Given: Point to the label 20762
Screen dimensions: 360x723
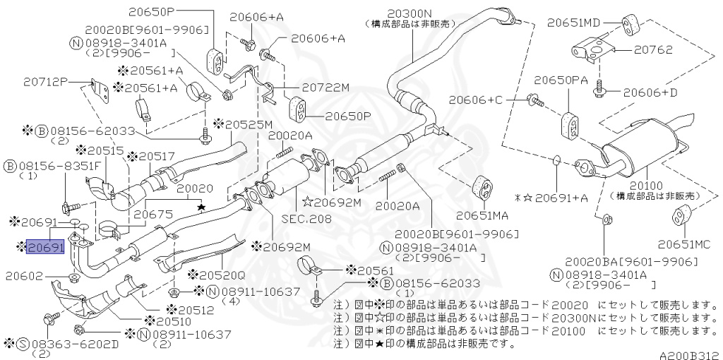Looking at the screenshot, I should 652,50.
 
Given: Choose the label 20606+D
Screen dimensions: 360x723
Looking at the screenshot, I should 650,92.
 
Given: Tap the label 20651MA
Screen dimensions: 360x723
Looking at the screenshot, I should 484,215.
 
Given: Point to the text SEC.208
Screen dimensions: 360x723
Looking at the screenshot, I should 306,219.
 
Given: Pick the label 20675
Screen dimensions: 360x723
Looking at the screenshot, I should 153,212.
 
